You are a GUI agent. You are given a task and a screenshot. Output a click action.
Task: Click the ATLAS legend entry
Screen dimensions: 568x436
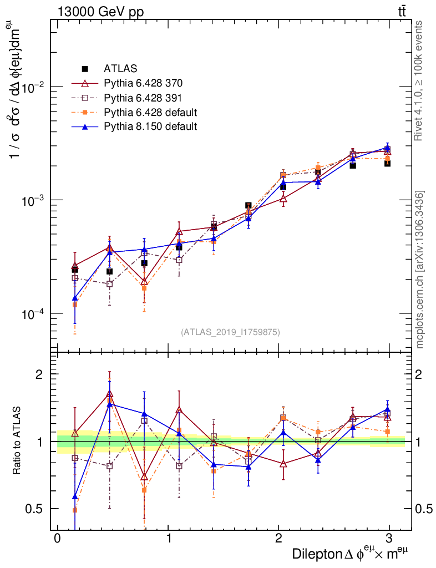[x=120, y=69]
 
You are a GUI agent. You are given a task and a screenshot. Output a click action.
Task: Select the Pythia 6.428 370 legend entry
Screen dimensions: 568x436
[x=143, y=84]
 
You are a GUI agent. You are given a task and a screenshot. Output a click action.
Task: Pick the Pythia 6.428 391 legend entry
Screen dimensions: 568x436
[x=143, y=98]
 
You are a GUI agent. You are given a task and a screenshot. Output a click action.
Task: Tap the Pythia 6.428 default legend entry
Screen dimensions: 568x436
[x=150, y=113]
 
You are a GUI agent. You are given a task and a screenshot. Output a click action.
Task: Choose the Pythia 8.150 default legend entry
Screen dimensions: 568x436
[x=150, y=126]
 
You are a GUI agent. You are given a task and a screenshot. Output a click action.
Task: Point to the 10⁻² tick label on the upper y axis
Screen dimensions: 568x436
[x=31, y=88]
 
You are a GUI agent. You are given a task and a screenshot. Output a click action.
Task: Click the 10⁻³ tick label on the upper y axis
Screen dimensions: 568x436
[x=31, y=200]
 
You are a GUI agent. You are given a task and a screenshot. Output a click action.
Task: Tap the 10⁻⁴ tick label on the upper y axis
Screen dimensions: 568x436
[x=31, y=313]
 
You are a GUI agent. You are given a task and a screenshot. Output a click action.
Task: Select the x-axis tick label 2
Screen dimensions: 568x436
[x=278, y=539]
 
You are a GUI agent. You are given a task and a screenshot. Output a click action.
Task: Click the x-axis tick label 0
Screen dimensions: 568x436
[x=57, y=539]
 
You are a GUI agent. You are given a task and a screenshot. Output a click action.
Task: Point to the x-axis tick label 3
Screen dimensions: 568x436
[x=389, y=539]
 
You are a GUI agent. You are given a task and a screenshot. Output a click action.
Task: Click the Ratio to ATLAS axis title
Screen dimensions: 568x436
[x=18, y=442]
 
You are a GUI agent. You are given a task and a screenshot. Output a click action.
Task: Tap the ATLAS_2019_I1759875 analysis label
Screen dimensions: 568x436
[x=230, y=332]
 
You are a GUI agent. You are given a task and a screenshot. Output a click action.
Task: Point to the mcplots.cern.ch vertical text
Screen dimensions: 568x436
[x=420, y=270]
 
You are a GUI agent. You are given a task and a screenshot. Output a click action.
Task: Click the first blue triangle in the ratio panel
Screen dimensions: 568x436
[x=75, y=496]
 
